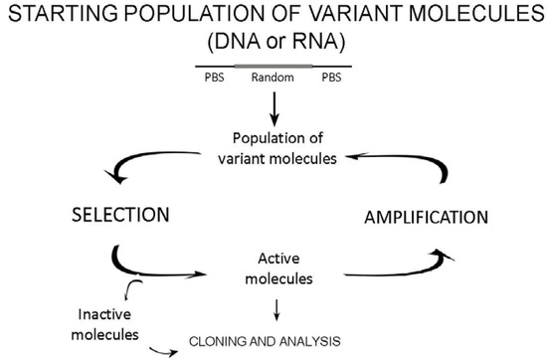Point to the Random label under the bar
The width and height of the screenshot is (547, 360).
[272, 82]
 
